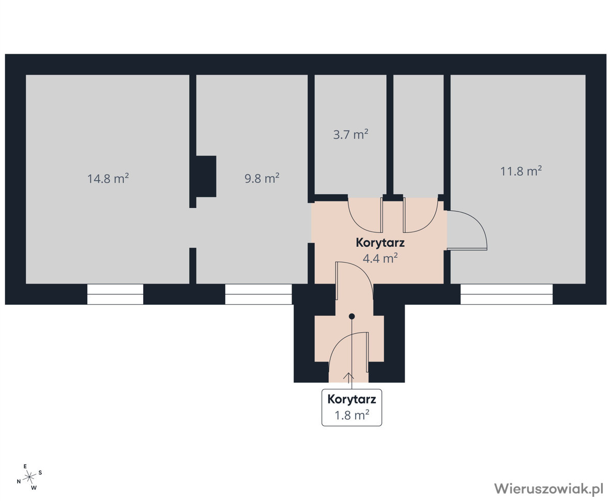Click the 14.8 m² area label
point(108,179)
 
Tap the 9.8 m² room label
point(262,178)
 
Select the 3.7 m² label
point(350,134)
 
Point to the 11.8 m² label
point(521,171)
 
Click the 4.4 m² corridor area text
point(380,258)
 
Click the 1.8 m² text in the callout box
point(352,415)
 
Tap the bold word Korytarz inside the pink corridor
point(380,243)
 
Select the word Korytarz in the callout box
point(352,399)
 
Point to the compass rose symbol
point(29,477)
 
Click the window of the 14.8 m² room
point(115,294)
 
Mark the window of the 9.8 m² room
point(258,294)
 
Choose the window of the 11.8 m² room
point(507,294)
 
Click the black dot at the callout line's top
point(352,317)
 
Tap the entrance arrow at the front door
point(348,377)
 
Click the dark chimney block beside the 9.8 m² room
point(206,176)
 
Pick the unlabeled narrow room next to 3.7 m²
point(419,134)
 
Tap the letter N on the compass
point(19,481)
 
